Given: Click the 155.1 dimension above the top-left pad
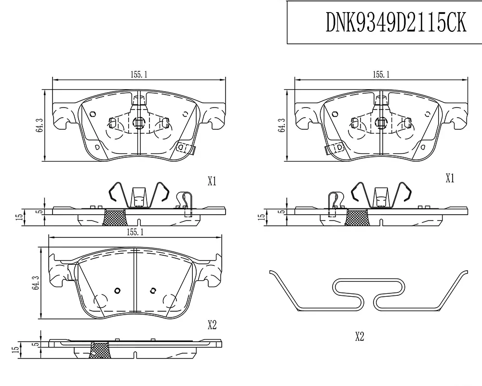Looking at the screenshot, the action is coord(139,74).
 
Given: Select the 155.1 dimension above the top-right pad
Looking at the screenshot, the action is coord(381,74).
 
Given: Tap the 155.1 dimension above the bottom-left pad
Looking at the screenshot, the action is coord(135,232).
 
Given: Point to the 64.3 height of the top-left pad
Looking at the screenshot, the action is coord(39,125).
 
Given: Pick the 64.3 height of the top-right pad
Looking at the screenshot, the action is coord(281,125).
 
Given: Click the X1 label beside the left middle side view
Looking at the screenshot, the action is coord(212,181).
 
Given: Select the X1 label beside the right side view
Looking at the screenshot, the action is coord(450,178).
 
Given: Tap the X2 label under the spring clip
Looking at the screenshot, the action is coord(360,336).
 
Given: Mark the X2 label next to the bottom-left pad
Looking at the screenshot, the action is coord(212,325).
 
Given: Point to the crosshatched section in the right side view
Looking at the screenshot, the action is coord(357,217).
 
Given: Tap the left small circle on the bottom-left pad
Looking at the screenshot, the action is coord(117,290).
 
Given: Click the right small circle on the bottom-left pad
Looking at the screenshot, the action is coord(153,290).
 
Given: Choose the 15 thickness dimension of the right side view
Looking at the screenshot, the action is coord(262,217).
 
